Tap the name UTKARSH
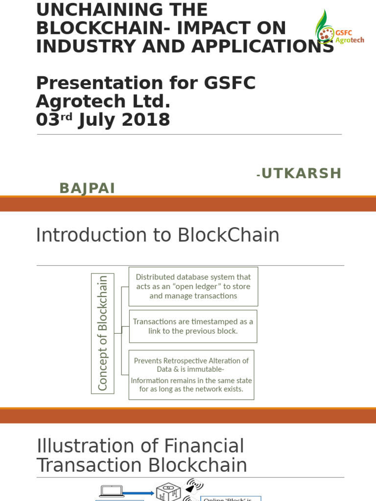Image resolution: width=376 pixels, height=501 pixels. coord(301,173)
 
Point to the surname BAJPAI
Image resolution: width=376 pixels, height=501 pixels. coord(87,188)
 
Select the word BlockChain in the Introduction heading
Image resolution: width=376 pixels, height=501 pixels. coord(228,235)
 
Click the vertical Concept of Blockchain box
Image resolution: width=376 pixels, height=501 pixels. coord(102,333)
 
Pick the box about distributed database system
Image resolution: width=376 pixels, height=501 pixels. coord(193,286)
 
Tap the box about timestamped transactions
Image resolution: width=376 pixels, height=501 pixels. coord(193,326)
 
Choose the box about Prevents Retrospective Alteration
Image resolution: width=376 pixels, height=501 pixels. coord(191,374)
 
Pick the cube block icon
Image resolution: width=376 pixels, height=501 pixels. coord(168,491)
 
